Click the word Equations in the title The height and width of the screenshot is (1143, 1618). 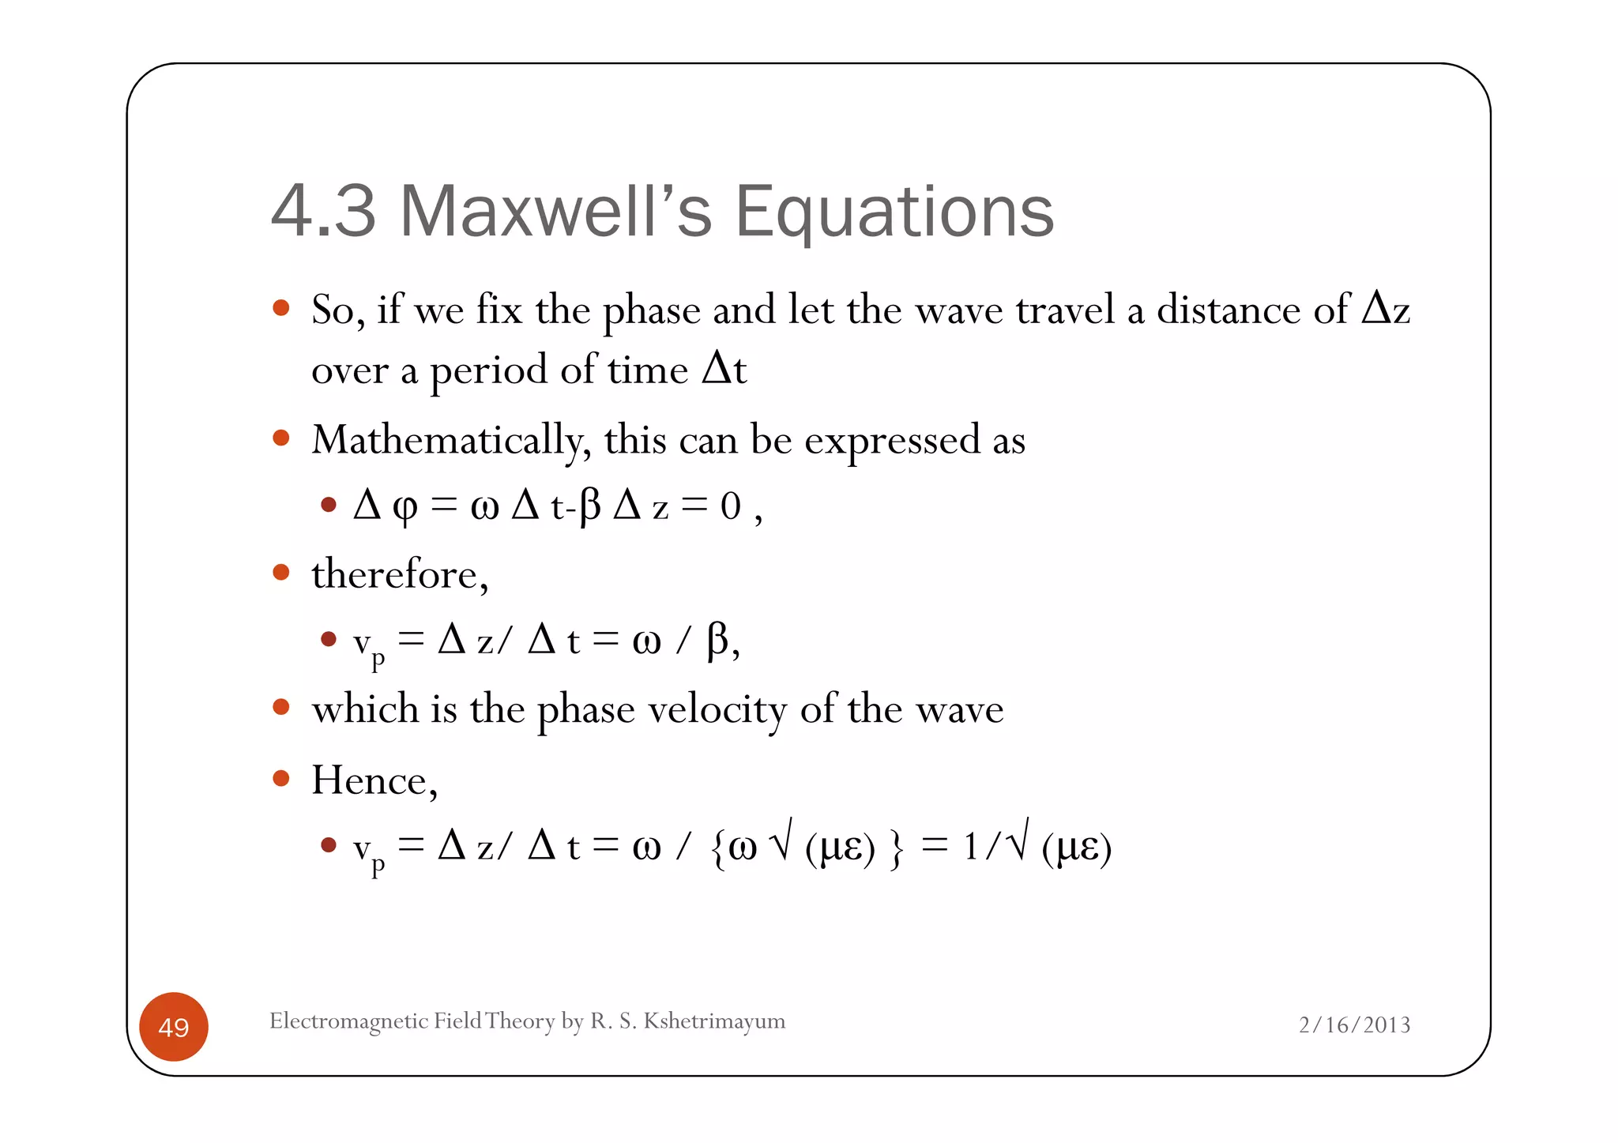point(894,212)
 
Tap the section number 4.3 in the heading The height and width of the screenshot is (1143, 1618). point(323,211)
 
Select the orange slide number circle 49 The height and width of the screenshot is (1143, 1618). point(174,1026)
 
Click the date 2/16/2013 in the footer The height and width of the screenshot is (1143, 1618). point(1354,1025)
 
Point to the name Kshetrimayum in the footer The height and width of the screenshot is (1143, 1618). point(714,1021)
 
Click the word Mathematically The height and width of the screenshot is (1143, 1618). point(451,440)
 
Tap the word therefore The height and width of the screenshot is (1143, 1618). point(399,574)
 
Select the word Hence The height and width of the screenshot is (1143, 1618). point(373,780)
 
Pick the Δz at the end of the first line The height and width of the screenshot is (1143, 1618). point(1386,309)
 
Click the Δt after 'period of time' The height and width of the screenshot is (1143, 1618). point(724,369)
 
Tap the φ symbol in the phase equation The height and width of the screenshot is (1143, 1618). point(404,507)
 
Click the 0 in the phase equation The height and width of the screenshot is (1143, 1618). point(730,506)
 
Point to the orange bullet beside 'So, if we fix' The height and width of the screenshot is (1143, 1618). point(281,308)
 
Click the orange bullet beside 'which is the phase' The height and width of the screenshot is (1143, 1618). point(281,707)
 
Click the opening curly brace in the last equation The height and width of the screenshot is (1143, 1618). point(717,848)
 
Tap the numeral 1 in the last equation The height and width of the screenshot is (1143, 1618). point(971,848)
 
